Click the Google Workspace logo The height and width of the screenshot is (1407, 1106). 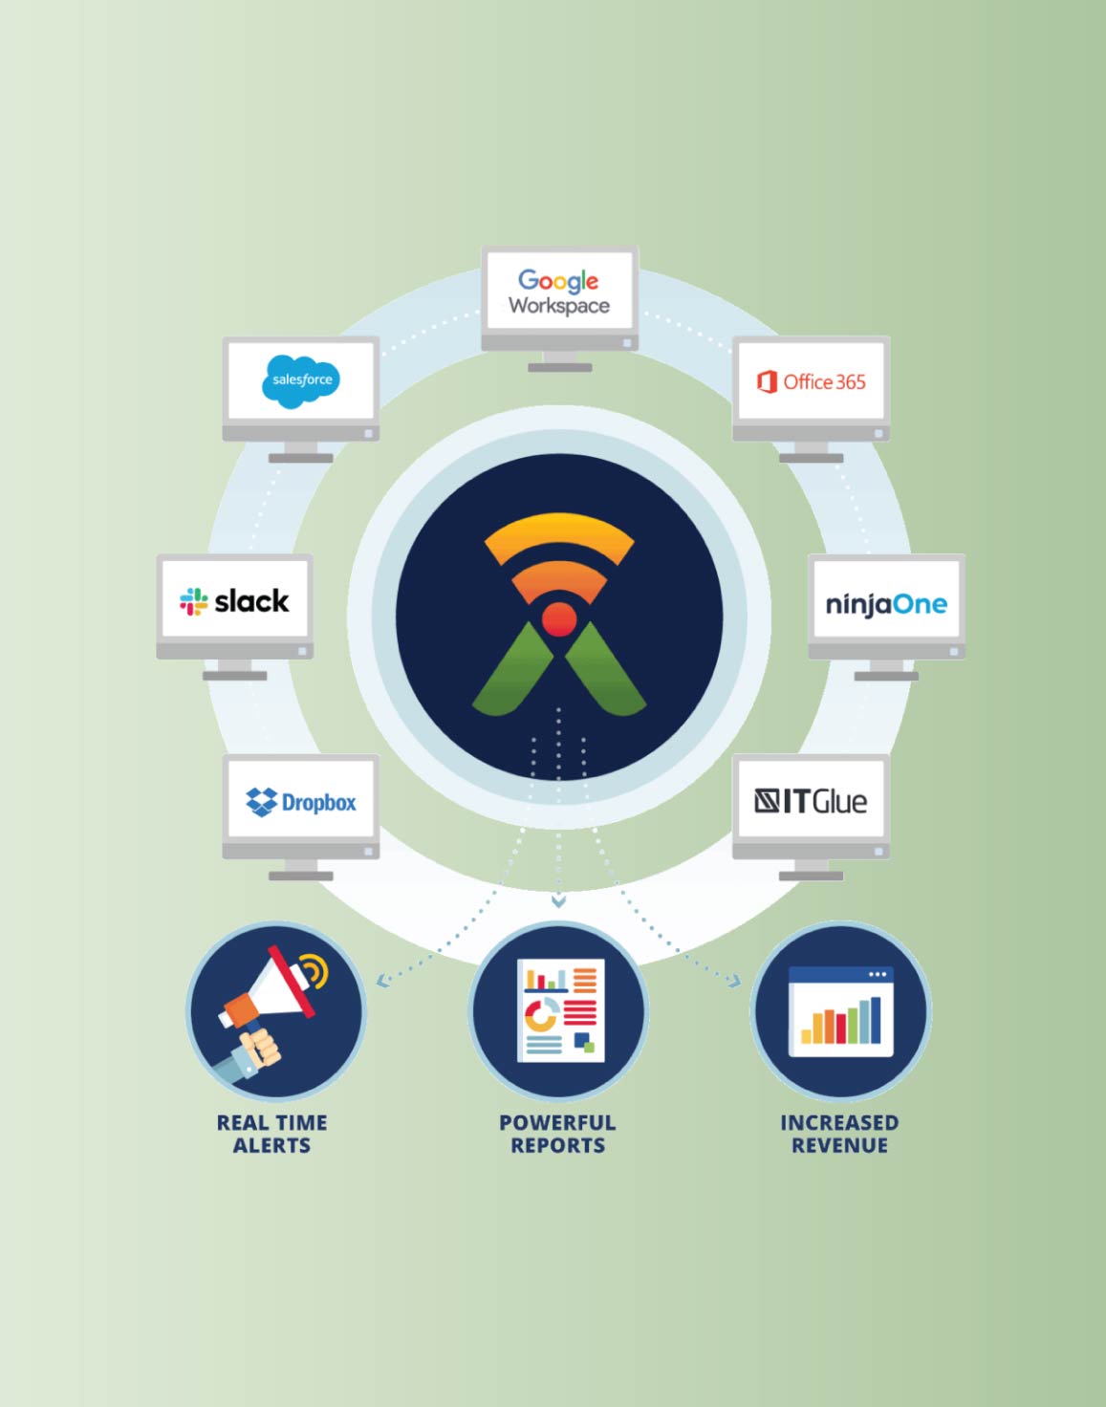(x=559, y=292)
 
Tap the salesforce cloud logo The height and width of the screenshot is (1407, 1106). (x=301, y=380)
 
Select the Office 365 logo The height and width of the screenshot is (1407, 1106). (x=811, y=381)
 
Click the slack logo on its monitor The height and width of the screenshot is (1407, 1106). (x=234, y=601)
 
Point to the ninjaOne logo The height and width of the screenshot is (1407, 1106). (x=886, y=604)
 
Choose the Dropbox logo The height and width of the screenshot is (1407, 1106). (x=301, y=802)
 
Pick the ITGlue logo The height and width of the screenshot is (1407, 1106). (x=811, y=801)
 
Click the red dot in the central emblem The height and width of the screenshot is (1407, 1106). (x=558, y=619)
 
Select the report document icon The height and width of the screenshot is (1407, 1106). (x=560, y=1009)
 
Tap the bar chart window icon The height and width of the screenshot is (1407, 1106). (x=840, y=1011)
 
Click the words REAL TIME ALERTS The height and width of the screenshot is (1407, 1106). (x=272, y=1134)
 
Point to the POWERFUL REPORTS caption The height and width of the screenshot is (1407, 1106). (x=558, y=1134)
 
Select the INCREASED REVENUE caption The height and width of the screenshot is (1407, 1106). (x=839, y=1134)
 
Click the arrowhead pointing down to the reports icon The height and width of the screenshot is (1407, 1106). (x=558, y=901)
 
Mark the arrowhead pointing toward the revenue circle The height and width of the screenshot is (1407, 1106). (x=734, y=981)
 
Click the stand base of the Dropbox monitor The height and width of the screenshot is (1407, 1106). (x=301, y=876)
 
